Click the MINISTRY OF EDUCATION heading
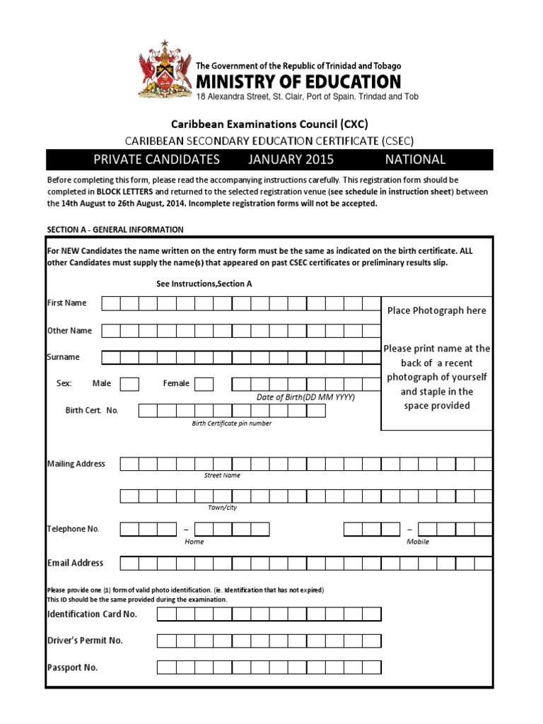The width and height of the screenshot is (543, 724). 298,81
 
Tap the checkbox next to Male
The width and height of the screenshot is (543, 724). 129,384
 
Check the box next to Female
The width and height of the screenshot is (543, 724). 204,384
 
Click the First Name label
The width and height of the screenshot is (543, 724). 66,303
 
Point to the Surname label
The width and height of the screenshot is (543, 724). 64,357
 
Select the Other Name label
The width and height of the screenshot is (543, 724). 69,330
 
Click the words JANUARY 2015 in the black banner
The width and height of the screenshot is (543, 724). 291,160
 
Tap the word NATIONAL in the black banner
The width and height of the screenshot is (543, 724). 415,160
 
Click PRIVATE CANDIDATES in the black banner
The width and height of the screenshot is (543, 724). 156,160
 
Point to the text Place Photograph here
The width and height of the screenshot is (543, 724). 436,310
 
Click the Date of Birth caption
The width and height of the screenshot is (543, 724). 305,397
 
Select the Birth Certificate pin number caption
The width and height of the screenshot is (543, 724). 231,424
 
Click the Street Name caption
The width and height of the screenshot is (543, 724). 222,476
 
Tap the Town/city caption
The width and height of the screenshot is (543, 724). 222,508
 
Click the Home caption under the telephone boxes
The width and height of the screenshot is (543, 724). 194,542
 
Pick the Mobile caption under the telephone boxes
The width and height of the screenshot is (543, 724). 417,542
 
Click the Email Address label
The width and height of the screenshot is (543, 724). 75,563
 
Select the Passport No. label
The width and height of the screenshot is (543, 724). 72,667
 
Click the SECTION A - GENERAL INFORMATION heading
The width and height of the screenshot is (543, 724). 115,230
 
